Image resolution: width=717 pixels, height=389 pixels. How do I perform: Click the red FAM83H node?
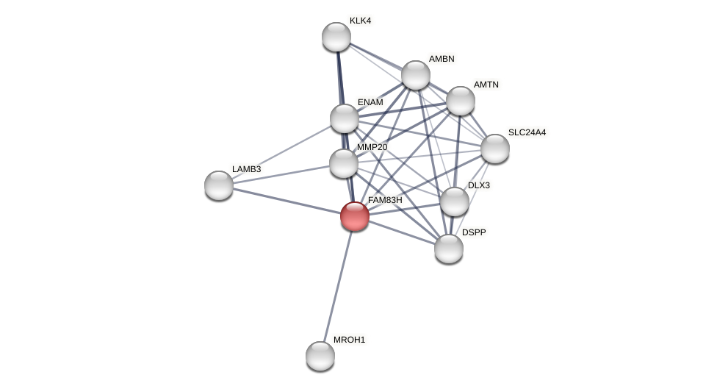[x=355, y=216]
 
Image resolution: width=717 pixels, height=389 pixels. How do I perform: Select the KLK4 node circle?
[x=336, y=37]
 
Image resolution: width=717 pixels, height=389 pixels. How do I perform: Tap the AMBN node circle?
[x=416, y=75]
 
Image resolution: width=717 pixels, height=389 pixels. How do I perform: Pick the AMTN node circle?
[x=461, y=101]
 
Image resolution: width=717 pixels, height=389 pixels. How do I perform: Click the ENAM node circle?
[x=345, y=118]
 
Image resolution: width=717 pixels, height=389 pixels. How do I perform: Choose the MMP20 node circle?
[x=344, y=163]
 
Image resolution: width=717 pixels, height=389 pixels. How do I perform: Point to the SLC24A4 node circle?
[x=495, y=149]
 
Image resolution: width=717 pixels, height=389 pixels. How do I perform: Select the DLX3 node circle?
[x=455, y=201]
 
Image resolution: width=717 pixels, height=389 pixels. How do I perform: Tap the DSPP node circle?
[x=449, y=249]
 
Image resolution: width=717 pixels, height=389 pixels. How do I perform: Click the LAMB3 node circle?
[x=219, y=185]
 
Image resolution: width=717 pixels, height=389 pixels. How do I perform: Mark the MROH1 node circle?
[x=320, y=356]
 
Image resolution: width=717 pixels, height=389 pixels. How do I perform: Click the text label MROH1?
[x=349, y=340]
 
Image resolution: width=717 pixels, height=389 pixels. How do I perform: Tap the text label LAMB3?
[x=246, y=169]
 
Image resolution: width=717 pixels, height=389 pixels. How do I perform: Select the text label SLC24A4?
[x=527, y=132]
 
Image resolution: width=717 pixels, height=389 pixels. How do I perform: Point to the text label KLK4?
[x=360, y=21]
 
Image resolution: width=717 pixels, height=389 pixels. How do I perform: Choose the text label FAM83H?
[x=385, y=200]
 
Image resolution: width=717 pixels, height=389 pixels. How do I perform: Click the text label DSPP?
[x=474, y=232]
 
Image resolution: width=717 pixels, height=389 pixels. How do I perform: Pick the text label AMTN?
[x=486, y=85]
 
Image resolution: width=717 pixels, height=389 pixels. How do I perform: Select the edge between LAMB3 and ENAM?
[x=281, y=152]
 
